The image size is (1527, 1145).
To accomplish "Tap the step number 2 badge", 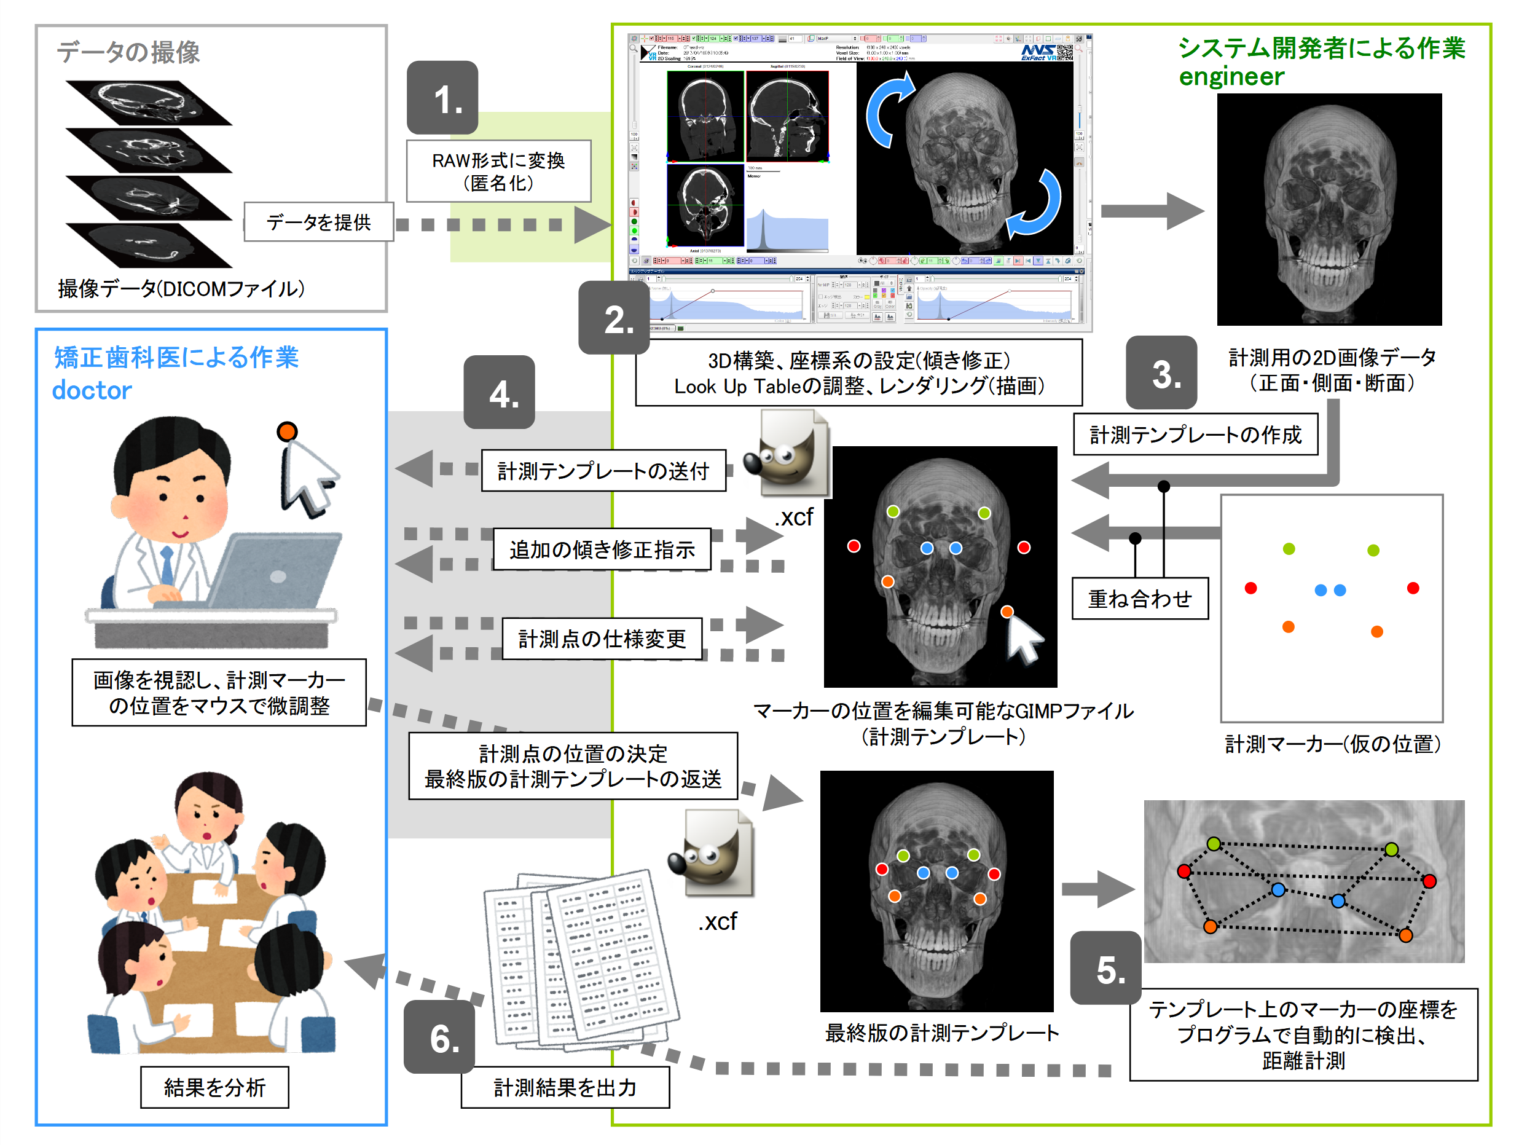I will coord(614,318).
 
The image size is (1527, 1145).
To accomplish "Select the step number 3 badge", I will coord(1161,373).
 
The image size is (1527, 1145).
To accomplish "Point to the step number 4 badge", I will coord(498,392).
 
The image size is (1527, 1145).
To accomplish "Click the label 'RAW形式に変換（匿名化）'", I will coord(498,171).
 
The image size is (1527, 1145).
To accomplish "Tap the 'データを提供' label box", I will coord(318,222).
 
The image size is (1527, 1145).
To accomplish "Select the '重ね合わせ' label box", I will coord(1140,598).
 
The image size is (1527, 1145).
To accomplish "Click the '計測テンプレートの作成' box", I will coord(1195,435).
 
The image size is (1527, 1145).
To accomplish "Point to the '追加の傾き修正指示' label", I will coord(602,549).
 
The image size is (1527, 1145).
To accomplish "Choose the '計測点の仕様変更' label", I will coord(602,639).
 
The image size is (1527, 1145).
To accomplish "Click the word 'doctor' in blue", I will coord(92,390).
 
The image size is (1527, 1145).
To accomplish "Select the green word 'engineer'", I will coord(1231,77).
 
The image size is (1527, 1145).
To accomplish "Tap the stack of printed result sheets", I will coord(580,960).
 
